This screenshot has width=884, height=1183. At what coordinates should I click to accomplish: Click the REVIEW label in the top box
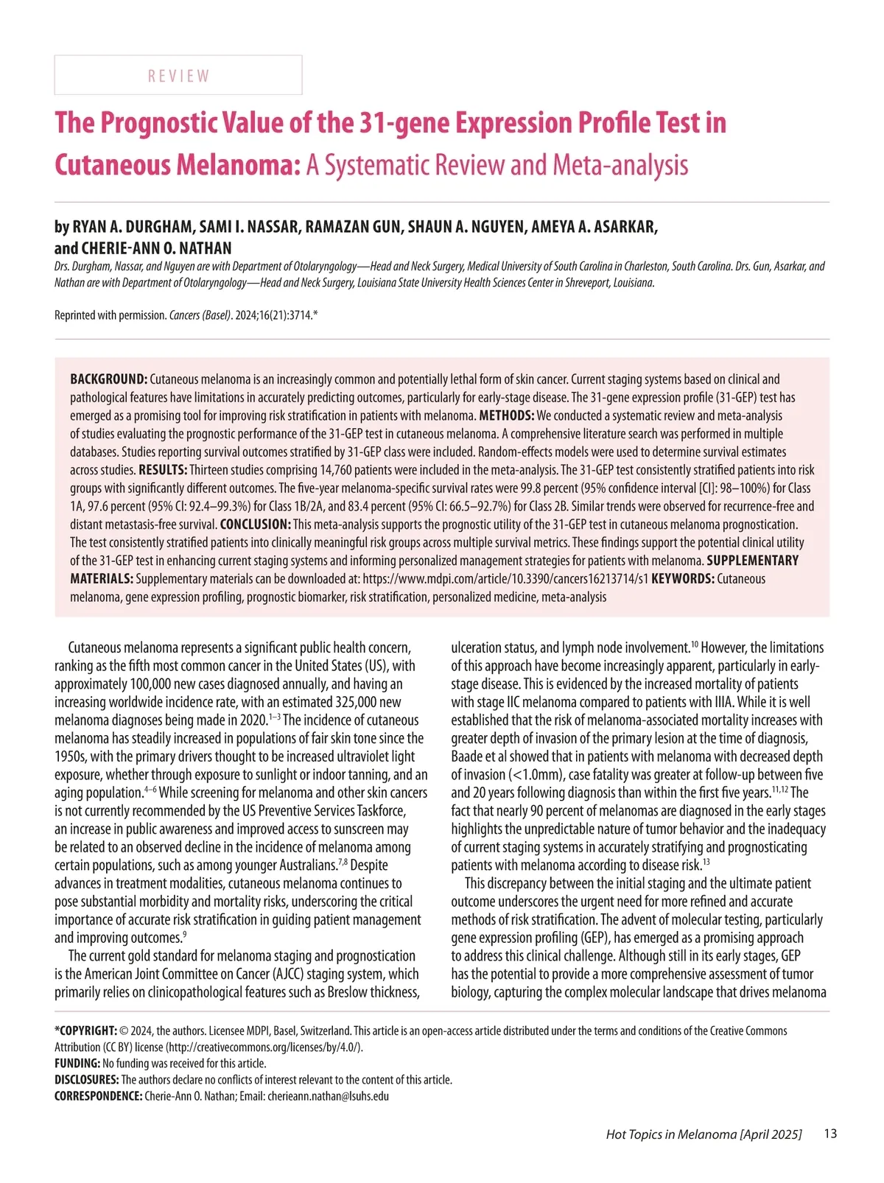coord(178,76)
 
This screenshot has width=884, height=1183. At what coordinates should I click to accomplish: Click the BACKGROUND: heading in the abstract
coord(108,379)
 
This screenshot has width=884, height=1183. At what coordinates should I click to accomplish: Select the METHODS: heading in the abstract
coord(506,415)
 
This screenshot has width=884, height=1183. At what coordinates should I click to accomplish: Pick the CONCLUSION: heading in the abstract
coord(255,524)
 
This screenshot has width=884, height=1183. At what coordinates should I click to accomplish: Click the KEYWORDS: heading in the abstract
coord(682,579)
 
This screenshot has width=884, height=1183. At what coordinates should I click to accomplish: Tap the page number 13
coord(830,1134)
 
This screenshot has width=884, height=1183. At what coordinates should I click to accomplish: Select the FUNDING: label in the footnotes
coord(77,1064)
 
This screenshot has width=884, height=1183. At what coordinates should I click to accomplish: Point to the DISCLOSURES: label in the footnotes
coord(87,1080)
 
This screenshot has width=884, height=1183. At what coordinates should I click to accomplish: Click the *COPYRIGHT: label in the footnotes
coord(85,1031)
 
